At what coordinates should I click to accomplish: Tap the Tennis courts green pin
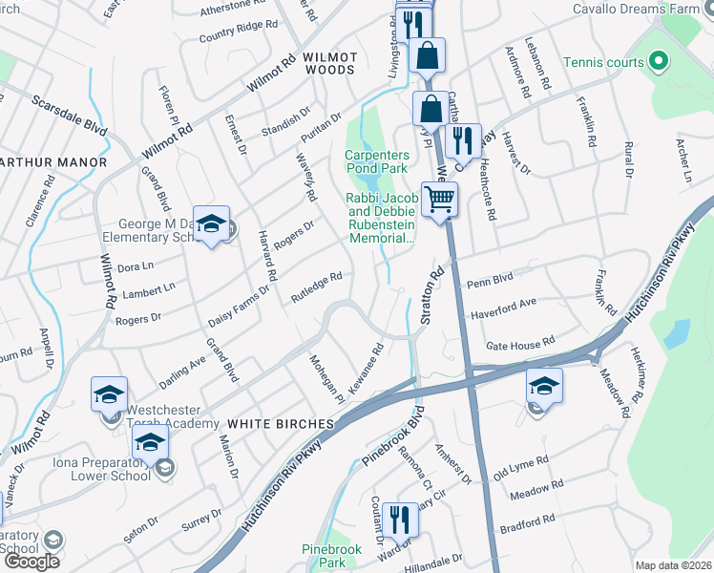(x=657, y=63)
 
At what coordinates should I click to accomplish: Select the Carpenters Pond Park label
(x=377, y=161)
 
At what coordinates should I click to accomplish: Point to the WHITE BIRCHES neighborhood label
(x=280, y=422)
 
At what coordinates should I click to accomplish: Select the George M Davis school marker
(x=211, y=225)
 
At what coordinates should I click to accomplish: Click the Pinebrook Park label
(x=329, y=556)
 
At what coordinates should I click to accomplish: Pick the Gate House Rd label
(x=520, y=343)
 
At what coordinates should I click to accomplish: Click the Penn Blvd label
(x=491, y=284)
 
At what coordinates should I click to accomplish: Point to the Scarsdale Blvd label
(x=70, y=115)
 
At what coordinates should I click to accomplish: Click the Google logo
(x=32, y=562)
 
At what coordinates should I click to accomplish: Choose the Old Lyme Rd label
(x=520, y=469)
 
